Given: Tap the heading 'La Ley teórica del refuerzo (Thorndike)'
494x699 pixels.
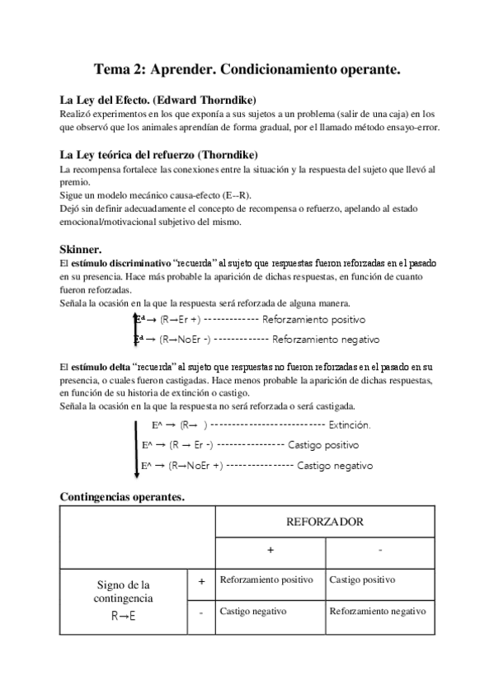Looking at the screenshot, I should click(x=159, y=154).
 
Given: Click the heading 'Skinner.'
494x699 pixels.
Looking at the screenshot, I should click(x=80, y=247).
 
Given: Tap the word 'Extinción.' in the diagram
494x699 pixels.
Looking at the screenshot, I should click(x=349, y=425).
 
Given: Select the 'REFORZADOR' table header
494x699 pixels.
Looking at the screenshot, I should click(x=324, y=522).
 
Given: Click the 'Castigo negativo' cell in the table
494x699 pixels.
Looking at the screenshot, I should click(x=253, y=612).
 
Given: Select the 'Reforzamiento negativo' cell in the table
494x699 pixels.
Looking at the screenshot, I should click(x=377, y=612).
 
